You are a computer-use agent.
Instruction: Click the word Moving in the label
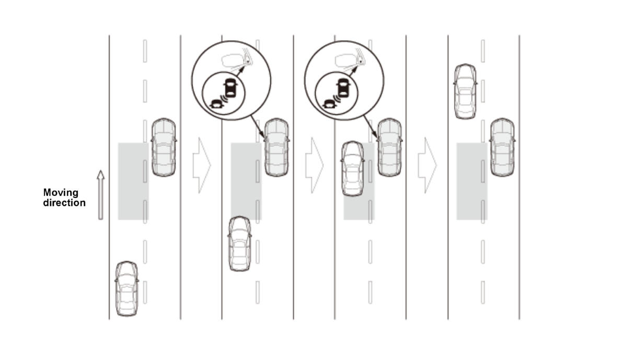click(61, 193)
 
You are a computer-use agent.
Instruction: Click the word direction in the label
click(64, 203)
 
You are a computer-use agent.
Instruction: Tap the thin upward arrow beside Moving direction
click(101, 195)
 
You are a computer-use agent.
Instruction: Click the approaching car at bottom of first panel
click(127, 289)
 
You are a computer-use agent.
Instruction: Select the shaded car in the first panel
click(164, 147)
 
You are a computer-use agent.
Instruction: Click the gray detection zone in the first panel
click(133, 181)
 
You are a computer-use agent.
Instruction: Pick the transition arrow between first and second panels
click(202, 165)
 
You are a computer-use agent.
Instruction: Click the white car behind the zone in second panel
click(240, 244)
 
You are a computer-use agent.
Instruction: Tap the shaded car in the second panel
click(276, 147)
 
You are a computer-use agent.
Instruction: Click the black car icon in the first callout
click(230, 88)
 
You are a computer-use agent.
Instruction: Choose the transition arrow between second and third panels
click(315, 165)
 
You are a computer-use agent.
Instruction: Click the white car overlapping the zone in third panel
click(353, 169)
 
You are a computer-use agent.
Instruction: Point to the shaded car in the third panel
click(390, 147)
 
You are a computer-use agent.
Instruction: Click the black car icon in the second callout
click(343, 88)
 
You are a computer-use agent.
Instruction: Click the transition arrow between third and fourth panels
click(427, 165)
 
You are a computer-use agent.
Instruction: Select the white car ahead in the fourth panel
click(465, 91)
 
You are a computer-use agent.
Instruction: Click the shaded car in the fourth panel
click(503, 147)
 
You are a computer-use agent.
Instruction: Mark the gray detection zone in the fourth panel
click(472, 181)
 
